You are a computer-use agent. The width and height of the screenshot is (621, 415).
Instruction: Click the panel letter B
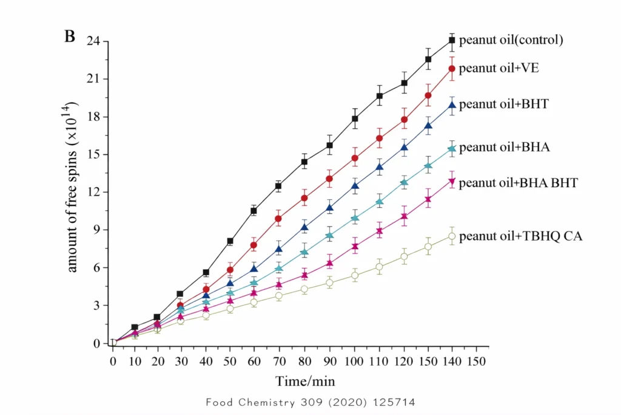pyautogui.click(x=70, y=36)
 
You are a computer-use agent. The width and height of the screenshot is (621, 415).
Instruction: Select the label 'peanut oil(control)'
pyautogui.click(x=511, y=41)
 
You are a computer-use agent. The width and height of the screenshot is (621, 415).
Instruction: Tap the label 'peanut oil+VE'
pyautogui.click(x=498, y=68)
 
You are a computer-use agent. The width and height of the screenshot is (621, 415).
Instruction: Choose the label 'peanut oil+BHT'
pyautogui.click(x=503, y=104)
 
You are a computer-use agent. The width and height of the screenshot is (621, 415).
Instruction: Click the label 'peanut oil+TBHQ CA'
pyautogui.click(x=520, y=236)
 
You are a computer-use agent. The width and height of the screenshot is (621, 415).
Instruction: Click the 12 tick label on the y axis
pyautogui.click(x=93, y=192)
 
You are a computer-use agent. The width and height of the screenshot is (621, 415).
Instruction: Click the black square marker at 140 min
pyautogui.click(x=452, y=41)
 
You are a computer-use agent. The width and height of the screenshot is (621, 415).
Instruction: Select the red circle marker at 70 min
pyautogui.click(x=278, y=219)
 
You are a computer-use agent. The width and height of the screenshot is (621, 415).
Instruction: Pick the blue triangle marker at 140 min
pyautogui.click(x=452, y=105)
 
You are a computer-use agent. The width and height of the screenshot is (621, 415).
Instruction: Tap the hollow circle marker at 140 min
pyautogui.click(x=452, y=236)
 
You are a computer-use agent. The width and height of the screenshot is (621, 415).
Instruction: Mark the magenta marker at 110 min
pyautogui.click(x=380, y=231)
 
